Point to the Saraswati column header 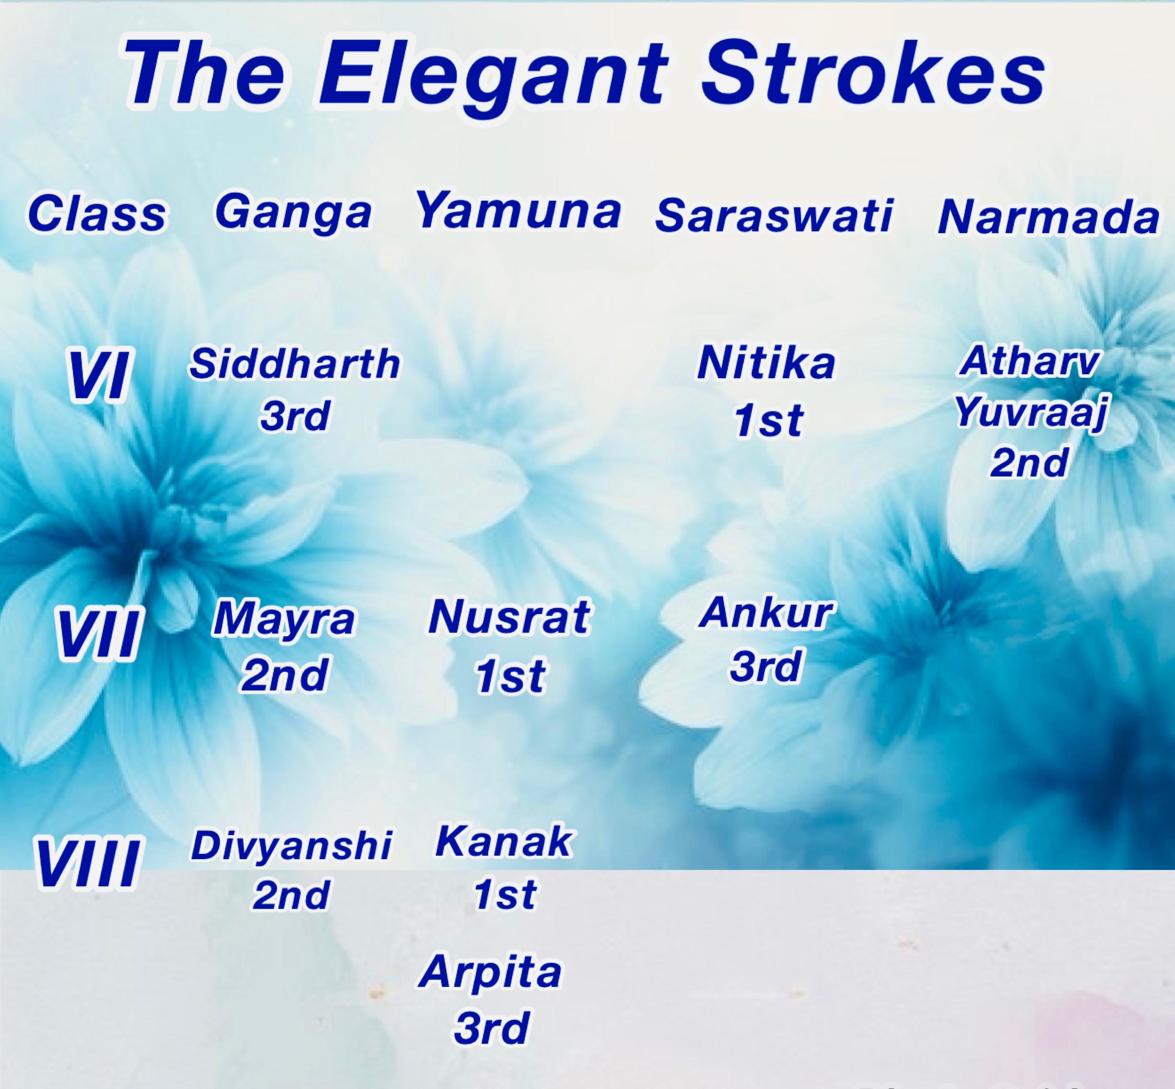tap(773, 215)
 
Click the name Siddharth tap(294, 364)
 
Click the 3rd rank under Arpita tap(490, 1028)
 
